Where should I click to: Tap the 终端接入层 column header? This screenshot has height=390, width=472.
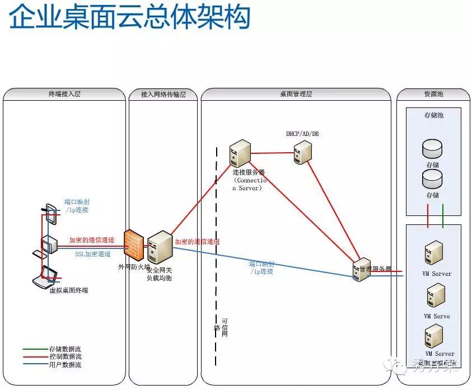[65, 94]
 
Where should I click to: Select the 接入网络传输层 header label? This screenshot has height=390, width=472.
[163, 95]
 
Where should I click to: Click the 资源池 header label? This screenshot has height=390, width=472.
[433, 94]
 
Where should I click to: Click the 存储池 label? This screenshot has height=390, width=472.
[433, 115]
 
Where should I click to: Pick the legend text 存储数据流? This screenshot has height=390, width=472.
[65, 349]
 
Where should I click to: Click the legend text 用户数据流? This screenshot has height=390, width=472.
[65, 364]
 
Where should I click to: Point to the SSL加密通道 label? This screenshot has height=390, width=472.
[92, 253]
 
